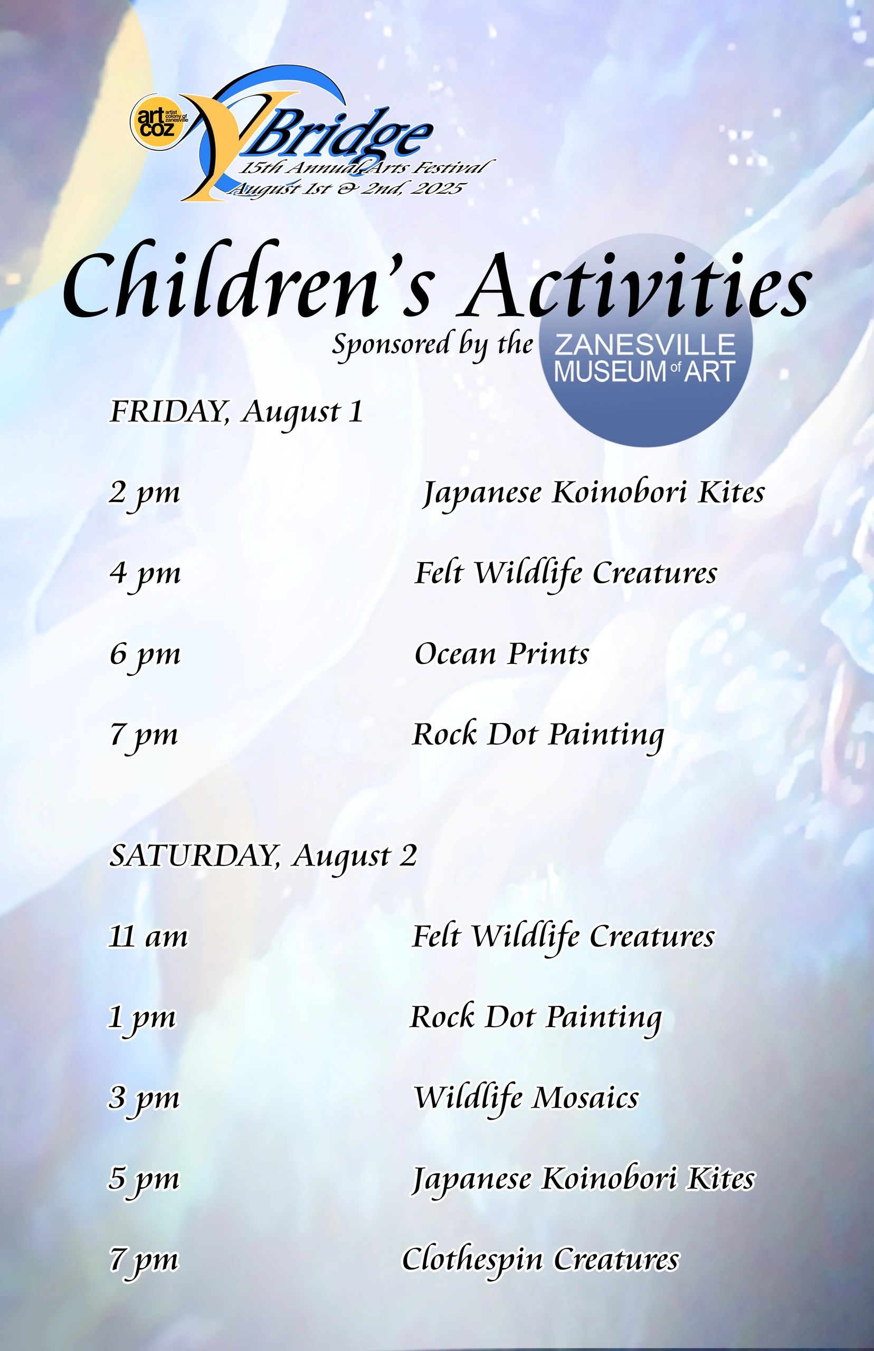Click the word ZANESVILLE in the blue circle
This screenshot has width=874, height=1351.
coord(645,345)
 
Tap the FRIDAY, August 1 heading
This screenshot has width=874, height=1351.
coord(236,413)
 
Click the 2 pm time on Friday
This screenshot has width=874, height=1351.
coord(145,493)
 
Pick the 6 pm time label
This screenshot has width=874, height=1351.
coord(145,656)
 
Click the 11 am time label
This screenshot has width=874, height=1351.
coord(148,936)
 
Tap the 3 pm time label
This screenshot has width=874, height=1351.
coord(144,1099)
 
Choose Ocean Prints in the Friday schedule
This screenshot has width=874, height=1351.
coord(502,654)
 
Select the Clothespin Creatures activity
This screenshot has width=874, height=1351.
coord(540,1260)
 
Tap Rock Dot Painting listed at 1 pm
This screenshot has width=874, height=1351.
coord(536,1019)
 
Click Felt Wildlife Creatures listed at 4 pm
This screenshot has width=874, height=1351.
coord(566,574)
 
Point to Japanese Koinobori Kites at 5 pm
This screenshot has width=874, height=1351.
coord(583,1180)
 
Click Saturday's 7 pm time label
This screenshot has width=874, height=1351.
coord(144,1261)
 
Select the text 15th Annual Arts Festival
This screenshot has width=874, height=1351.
coord(363,168)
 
